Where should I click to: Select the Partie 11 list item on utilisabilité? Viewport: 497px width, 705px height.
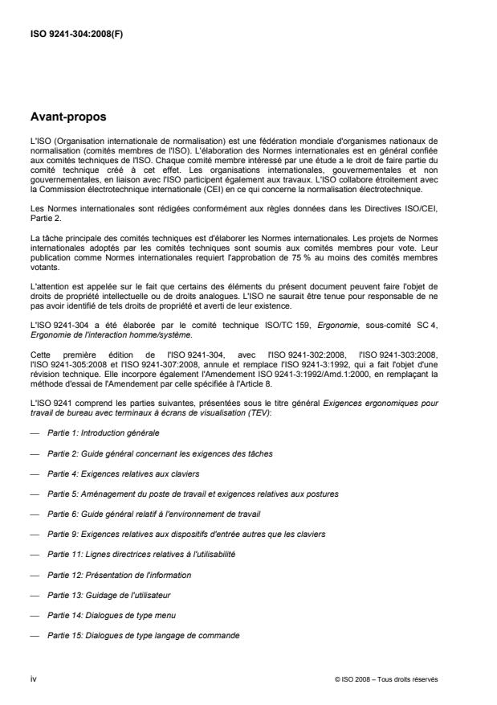[x=137, y=554]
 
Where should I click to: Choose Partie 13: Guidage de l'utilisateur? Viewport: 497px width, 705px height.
[x=104, y=595]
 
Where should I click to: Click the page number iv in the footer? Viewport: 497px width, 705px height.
[x=33, y=679]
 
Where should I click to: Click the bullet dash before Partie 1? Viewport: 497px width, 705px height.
[x=33, y=432]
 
